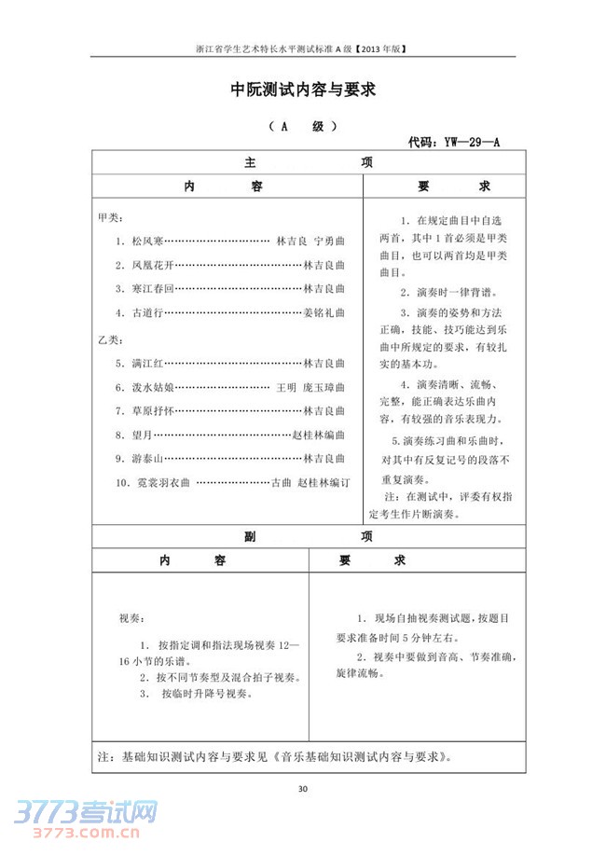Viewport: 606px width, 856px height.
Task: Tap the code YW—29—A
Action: [x=456, y=143]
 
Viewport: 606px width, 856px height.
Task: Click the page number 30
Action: [x=302, y=790]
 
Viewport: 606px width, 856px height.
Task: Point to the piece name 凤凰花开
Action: [x=153, y=265]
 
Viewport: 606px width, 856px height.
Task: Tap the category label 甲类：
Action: [x=109, y=216]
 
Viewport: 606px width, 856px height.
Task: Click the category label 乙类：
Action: [x=109, y=337]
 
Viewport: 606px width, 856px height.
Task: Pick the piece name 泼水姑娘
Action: [x=153, y=386]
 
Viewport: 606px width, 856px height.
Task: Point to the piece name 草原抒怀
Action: [x=153, y=410]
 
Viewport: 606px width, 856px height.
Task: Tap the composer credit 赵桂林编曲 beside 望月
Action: [x=319, y=435]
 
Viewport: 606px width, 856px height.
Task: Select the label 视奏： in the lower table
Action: [x=131, y=618]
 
